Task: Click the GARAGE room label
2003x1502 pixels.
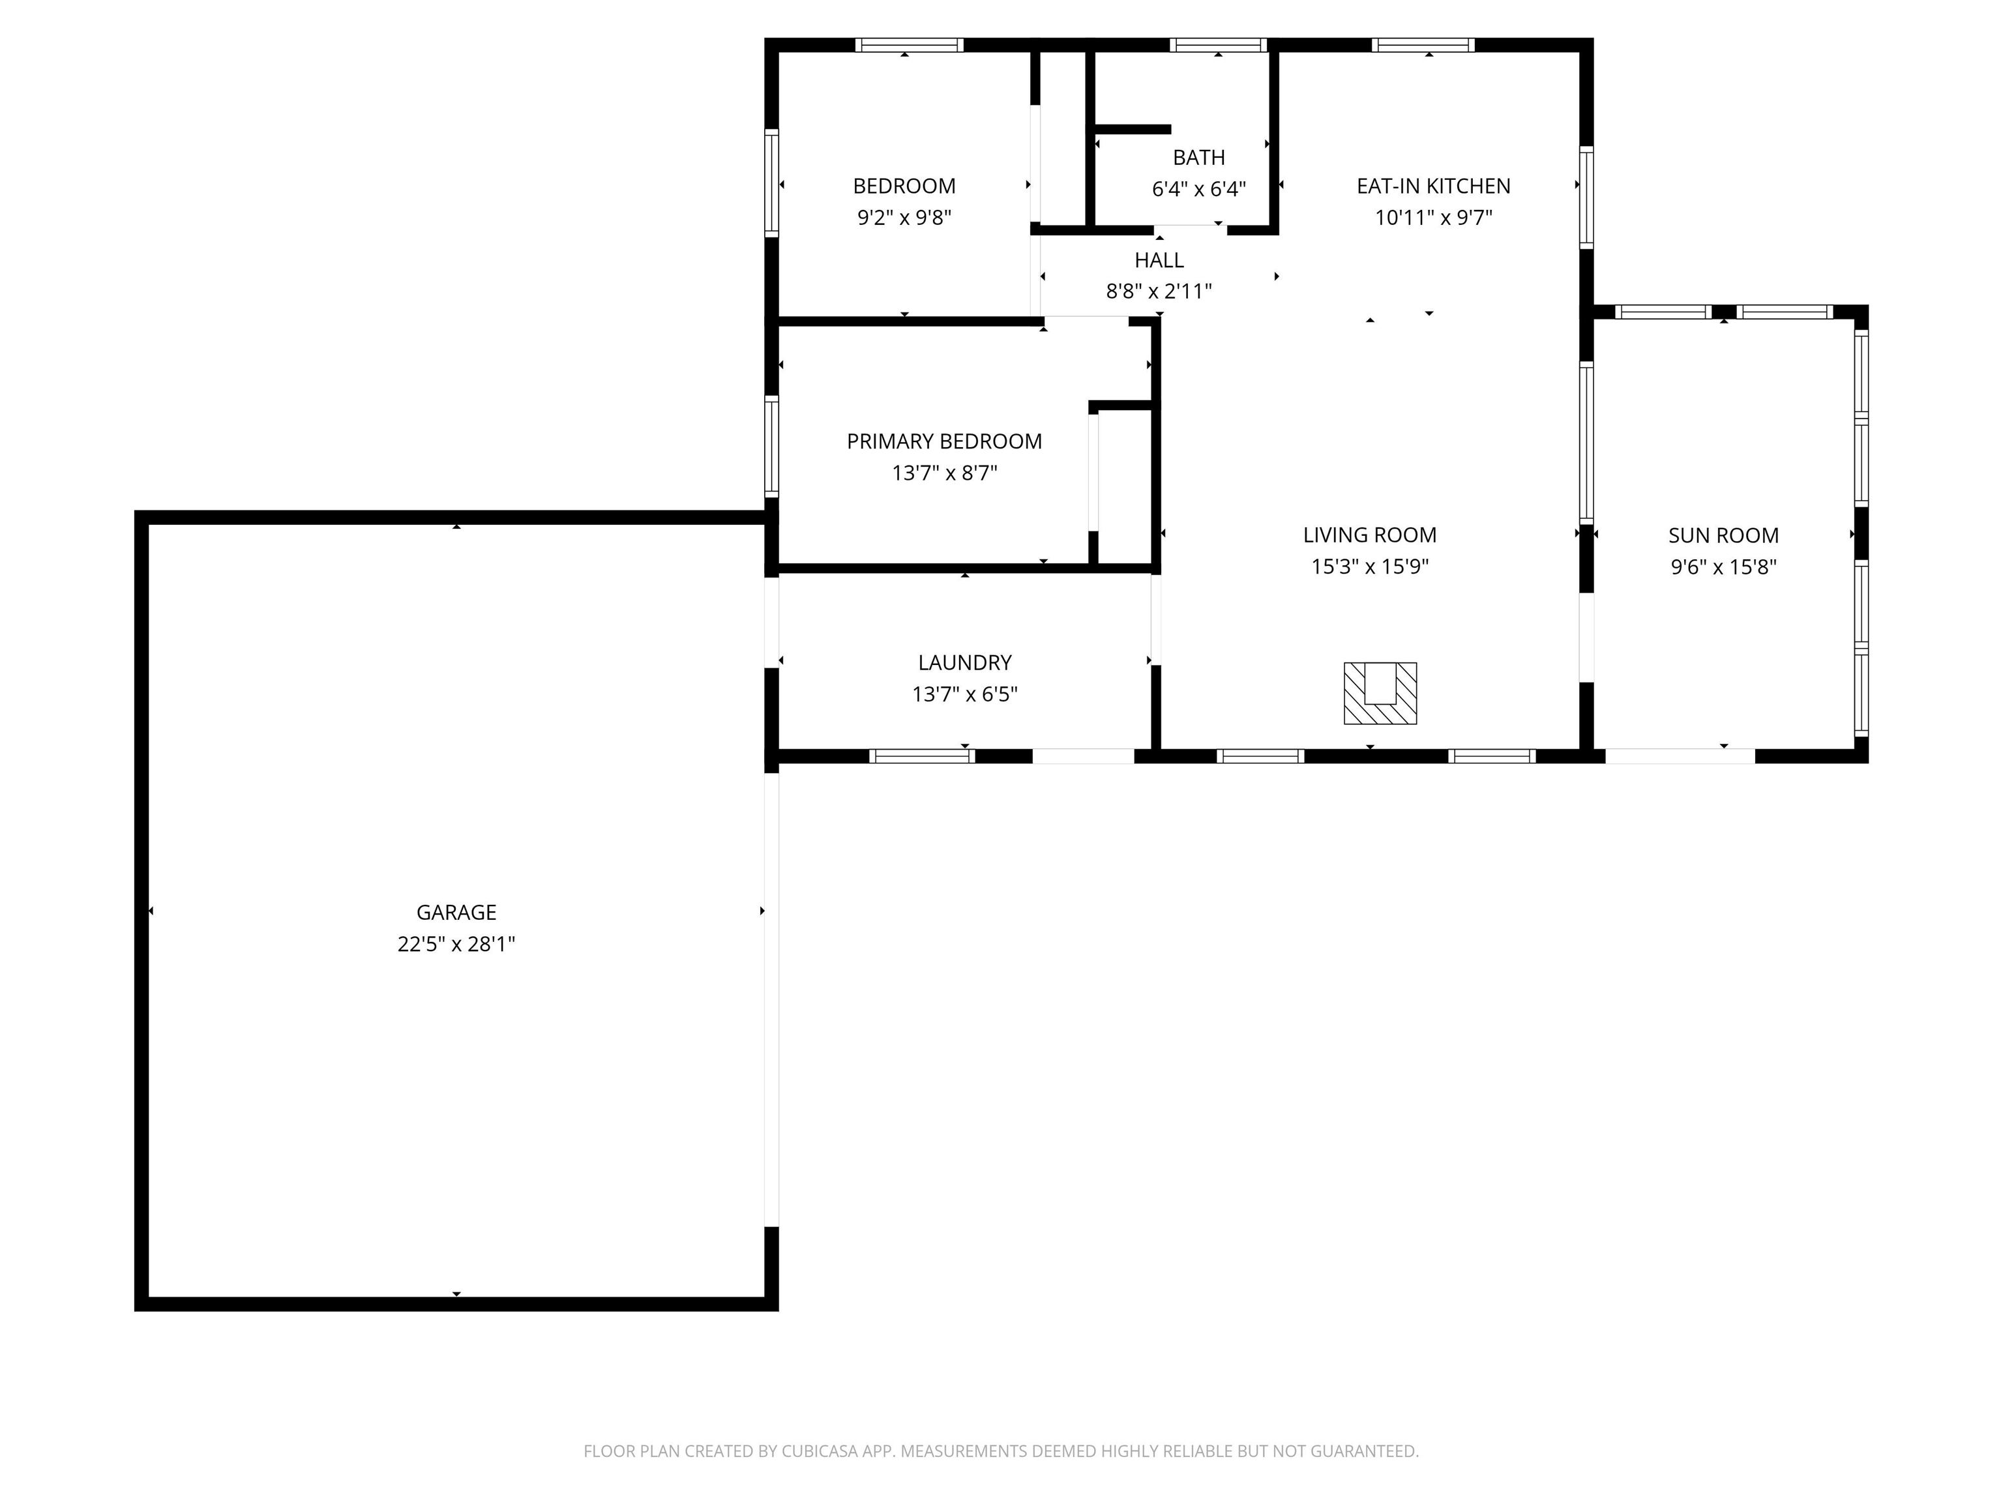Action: (x=456, y=913)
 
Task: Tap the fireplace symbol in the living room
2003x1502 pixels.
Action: (x=1380, y=694)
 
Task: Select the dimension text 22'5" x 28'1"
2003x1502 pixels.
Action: (x=456, y=945)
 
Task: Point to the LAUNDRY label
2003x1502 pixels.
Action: (x=964, y=663)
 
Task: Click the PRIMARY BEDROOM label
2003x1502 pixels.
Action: (x=945, y=442)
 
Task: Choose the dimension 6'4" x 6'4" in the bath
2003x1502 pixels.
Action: (x=1199, y=189)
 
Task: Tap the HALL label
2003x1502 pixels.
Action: (x=1159, y=261)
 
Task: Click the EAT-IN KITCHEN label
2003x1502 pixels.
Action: (x=1433, y=186)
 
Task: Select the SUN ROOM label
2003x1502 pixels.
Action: (x=1723, y=536)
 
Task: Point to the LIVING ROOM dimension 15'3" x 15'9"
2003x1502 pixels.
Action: (x=1370, y=567)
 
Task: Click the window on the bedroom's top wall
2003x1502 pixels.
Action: (x=909, y=45)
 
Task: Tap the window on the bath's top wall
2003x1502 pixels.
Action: (x=1218, y=45)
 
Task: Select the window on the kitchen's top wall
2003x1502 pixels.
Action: (x=1423, y=45)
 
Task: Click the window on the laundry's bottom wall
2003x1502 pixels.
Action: (x=922, y=756)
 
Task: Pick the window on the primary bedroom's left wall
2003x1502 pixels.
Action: (x=771, y=447)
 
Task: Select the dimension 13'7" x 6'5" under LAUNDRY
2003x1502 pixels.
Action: (x=964, y=694)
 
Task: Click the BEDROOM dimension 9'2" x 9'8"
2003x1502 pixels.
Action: (x=904, y=218)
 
